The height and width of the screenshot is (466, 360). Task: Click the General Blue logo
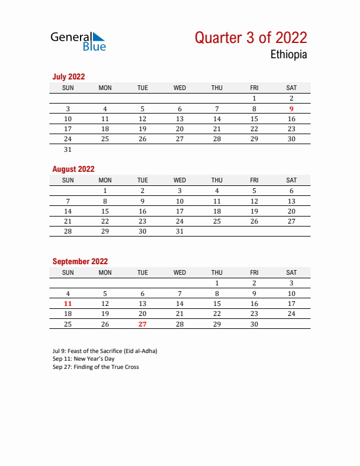[x=78, y=41]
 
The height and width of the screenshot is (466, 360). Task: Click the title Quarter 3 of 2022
[x=251, y=38]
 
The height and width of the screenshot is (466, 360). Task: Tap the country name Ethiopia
[x=288, y=55]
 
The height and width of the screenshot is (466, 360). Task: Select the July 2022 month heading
[x=68, y=76]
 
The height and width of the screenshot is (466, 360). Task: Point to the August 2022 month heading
[x=73, y=169]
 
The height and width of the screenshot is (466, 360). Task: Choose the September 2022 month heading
[x=80, y=261]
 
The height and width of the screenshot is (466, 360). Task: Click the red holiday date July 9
[x=291, y=109]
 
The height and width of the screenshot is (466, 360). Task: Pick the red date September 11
[x=68, y=304]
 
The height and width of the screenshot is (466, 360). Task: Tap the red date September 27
[x=142, y=324]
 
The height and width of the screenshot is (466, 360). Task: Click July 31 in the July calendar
[x=68, y=149]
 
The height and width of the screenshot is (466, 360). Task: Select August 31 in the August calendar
[x=179, y=231]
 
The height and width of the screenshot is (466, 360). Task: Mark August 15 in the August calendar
[x=105, y=211]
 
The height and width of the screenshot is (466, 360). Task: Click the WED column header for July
[x=179, y=88]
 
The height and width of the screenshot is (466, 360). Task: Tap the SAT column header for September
[x=291, y=272]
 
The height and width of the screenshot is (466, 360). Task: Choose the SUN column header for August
[x=68, y=180]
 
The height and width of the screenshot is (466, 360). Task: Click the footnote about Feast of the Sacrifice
[x=105, y=351]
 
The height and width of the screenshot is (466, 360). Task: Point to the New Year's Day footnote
[x=84, y=359]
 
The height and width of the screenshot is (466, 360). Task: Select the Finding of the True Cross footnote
[x=95, y=367]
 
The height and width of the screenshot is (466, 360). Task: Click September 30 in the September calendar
[x=254, y=324]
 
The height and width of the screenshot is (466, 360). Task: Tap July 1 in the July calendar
[x=254, y=99]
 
